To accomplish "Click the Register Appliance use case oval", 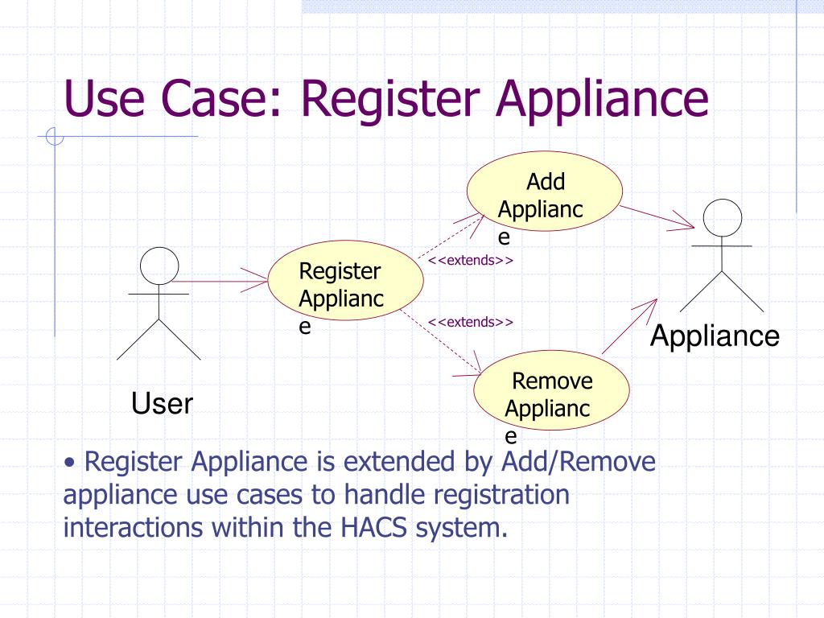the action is coord(345,281).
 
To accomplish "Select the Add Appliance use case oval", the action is coord(545,192).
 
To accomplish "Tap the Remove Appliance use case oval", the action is coord(551,390).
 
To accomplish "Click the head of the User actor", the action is coord(159,266).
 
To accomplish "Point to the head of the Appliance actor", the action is coord(722,218).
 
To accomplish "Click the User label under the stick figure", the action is coord(162,404).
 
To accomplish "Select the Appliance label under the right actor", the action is coord(715,336).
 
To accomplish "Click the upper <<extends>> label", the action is coord(470,260).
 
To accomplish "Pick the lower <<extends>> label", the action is coord(470,322).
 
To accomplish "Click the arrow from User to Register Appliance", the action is coord(219,281).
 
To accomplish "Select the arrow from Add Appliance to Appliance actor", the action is coord(657,216).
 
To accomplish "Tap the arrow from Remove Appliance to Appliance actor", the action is coord(629,327).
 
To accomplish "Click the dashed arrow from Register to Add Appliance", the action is coord(451,237).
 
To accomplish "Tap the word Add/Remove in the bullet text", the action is coord(579,461).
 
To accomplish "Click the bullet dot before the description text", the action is coord(69,463).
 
